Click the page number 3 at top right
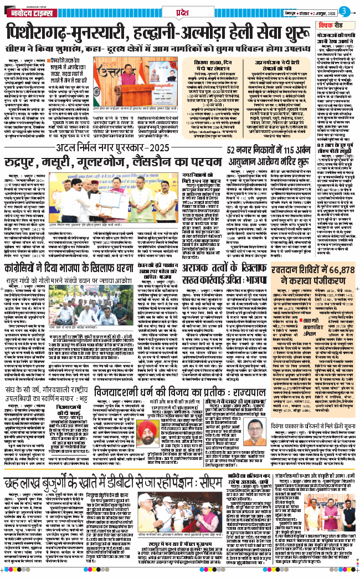point(344,11)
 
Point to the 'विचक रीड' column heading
point(333,26)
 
